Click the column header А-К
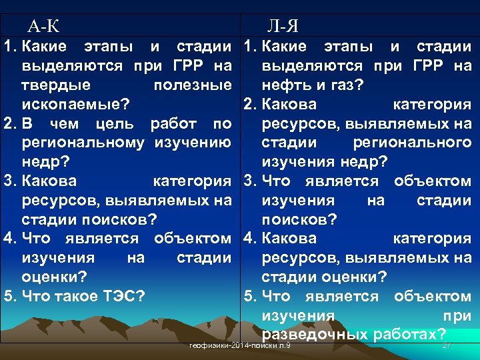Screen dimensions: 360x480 tap(43, 27)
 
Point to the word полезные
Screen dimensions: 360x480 tap(192, 85)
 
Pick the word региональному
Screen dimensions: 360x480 tap(83, 143)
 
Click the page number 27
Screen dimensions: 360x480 tap(447, 345)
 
